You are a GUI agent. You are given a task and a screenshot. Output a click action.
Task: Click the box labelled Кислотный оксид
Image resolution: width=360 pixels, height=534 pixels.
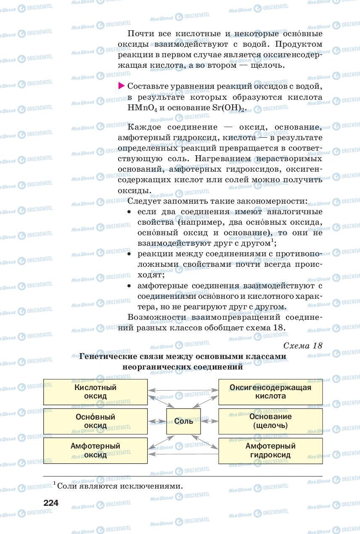(x=95, y=392)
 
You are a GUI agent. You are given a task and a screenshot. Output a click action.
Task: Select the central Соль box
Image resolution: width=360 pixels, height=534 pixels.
(x=183, y=421)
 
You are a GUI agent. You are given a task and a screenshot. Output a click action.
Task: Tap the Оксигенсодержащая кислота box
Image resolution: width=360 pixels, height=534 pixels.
(x=270, y=392)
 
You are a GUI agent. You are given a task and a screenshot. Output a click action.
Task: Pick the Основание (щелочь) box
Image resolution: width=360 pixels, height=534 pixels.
(x=270, y=421)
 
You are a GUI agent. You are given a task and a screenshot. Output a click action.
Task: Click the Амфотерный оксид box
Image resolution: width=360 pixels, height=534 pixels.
(x=95, y=450)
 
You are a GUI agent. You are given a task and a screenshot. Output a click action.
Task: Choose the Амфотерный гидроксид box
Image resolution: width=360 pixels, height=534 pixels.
(x=270, y=450)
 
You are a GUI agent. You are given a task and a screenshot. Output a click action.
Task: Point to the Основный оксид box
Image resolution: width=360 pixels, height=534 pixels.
(x=95, y=421)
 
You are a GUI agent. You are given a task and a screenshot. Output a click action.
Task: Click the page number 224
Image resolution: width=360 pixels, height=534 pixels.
(x=50, y=503)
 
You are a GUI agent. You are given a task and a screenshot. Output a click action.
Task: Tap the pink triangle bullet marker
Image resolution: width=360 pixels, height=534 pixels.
(x=121, y=86)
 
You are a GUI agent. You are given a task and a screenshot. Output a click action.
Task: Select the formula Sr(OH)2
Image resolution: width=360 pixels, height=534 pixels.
(x=228, y=108)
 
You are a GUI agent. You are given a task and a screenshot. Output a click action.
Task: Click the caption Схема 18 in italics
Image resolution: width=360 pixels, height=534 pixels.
(x=303, y=345)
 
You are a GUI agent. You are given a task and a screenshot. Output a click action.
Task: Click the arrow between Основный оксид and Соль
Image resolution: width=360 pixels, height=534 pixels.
(x=157, y=421)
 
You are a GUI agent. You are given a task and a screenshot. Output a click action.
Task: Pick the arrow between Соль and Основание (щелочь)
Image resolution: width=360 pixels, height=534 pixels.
(x=209, y=421)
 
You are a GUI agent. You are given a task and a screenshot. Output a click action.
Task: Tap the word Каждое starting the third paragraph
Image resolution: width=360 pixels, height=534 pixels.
(x=143, y=127)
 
